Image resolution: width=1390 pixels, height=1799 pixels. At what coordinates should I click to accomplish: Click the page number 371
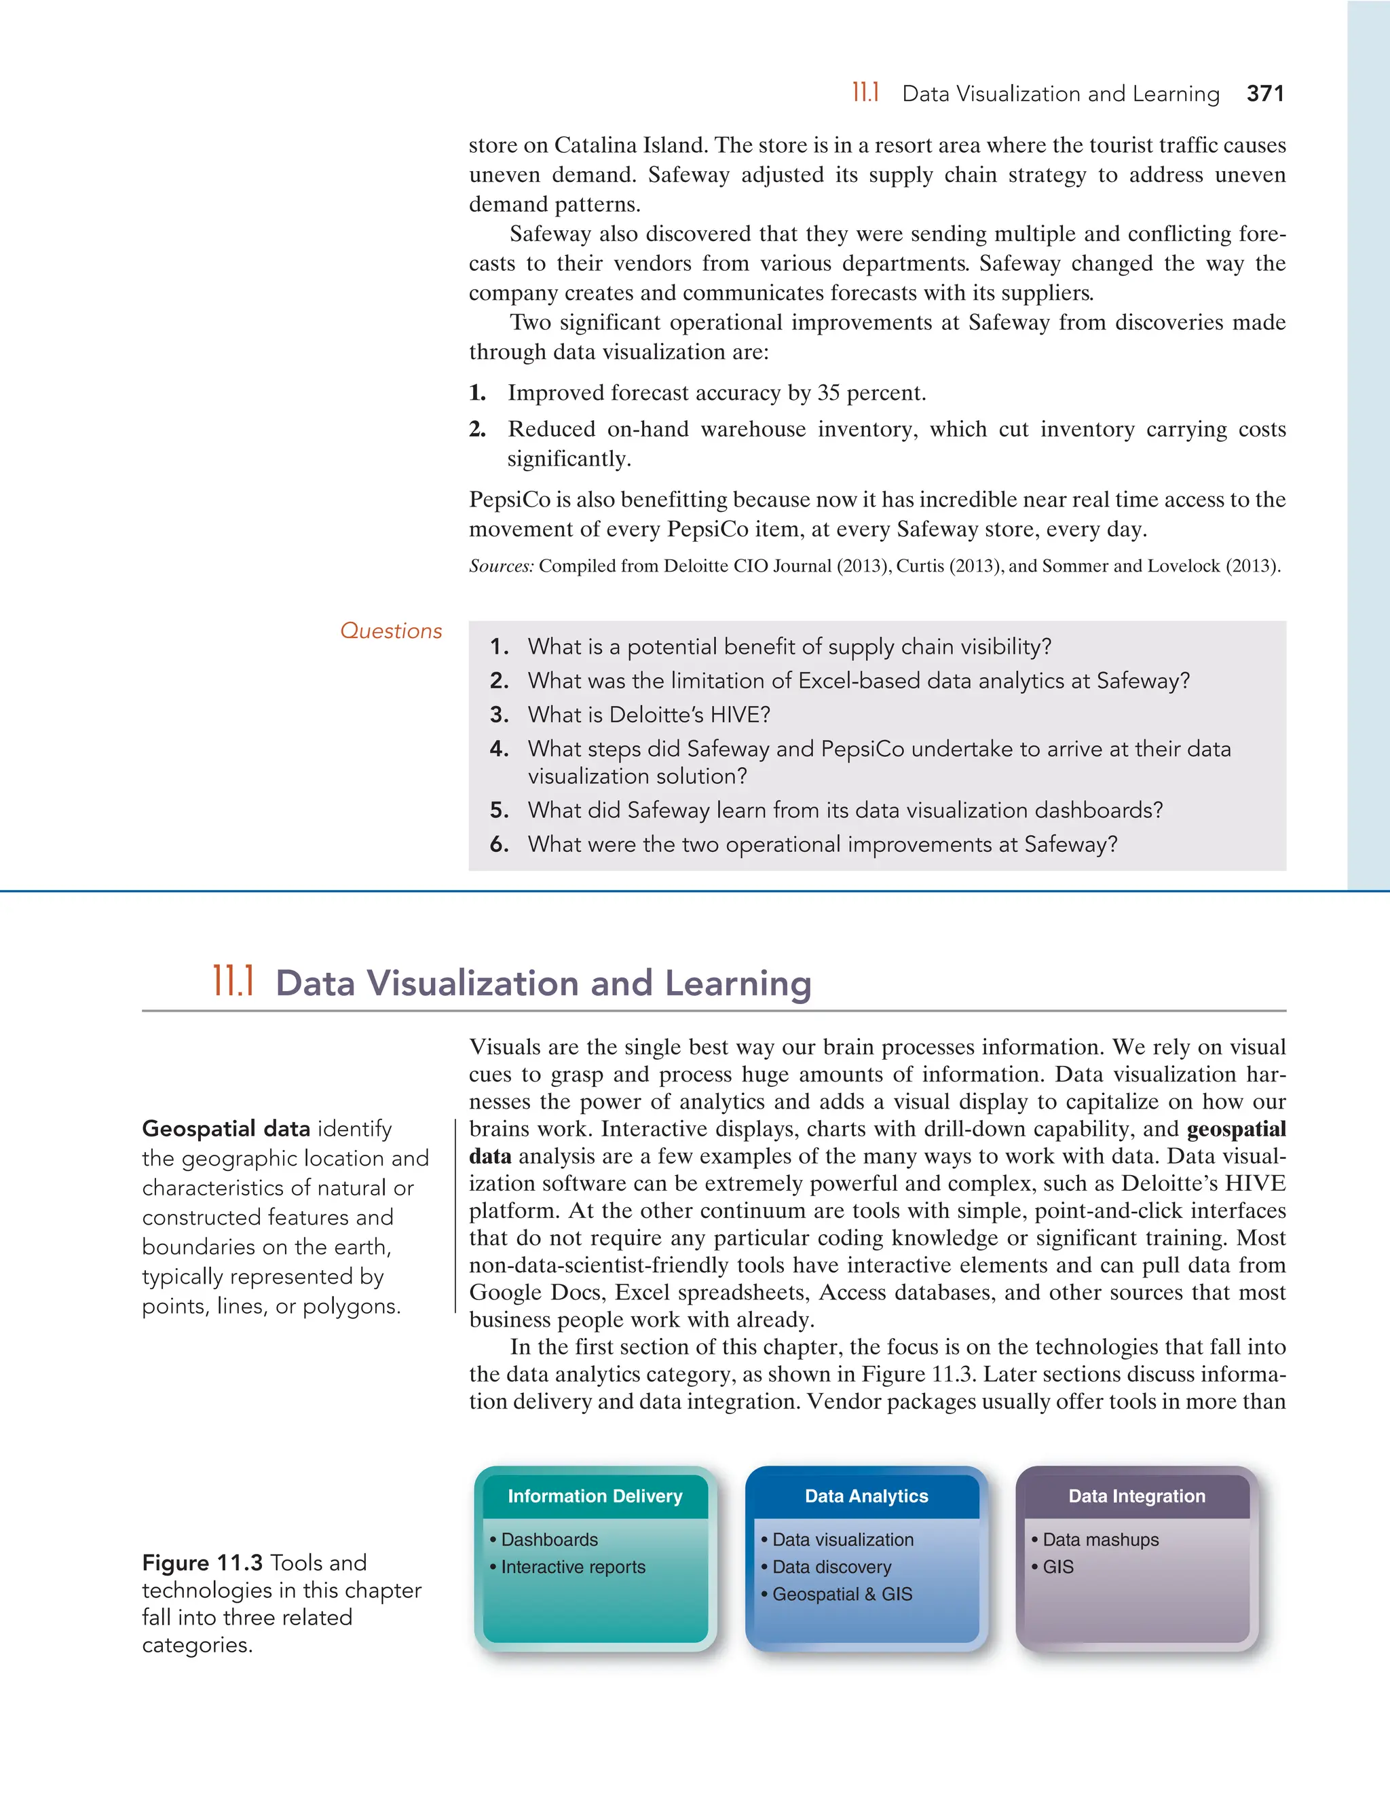[x=1265, y=94]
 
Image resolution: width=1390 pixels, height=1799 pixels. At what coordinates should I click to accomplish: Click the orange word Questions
[x=390, y=631]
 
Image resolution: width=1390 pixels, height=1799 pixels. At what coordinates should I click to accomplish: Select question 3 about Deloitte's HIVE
[x=648, y=715]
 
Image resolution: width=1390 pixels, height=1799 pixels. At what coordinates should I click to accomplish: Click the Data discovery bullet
[x=831, y=1567]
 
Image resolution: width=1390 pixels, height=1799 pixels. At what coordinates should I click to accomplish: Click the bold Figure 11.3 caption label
[x=202, y=1563]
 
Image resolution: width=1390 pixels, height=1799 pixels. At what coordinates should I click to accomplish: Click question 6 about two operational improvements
[x=822, y=845]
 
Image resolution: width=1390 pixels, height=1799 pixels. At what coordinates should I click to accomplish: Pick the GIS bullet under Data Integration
[x=1057, y=1567]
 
